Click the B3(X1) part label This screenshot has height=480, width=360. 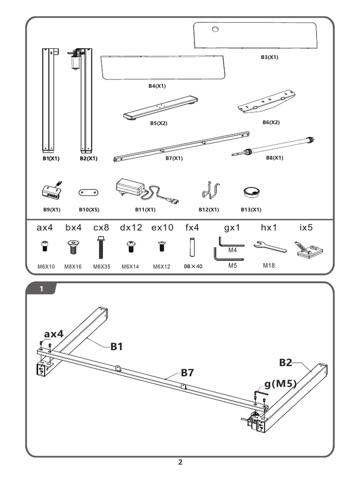pos(270,57)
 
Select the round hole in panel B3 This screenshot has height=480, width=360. pos(215,30)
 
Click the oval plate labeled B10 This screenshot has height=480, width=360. pos(88,192)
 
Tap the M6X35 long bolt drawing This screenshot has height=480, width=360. pos(101,247)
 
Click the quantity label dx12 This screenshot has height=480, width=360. pos(131,228)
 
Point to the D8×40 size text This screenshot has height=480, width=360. pos(193,267)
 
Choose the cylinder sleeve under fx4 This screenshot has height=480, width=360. pos(192,247)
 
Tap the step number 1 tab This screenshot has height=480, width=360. pos(42,289)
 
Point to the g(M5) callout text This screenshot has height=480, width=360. pos(280,384)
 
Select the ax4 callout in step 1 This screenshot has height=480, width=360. pos(54,334)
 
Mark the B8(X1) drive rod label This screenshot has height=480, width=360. pos(275,158)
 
